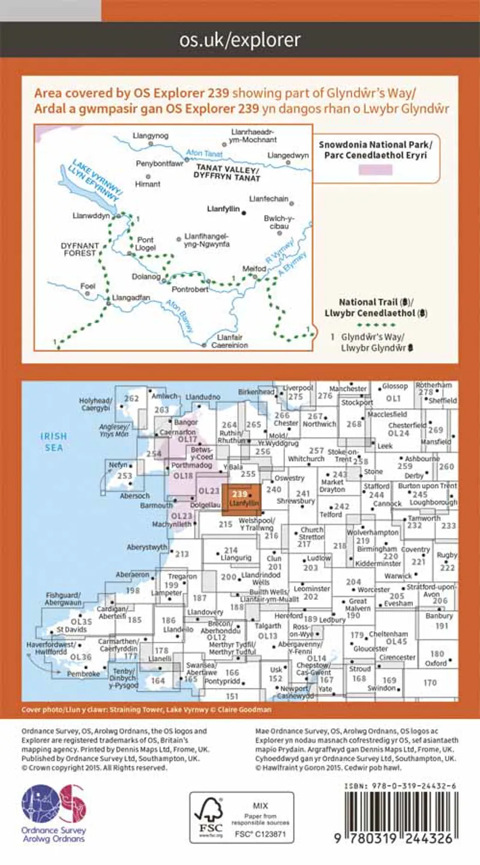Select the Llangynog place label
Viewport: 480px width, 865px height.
pyautogui.click(x=149, y=137)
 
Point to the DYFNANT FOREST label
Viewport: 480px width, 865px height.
pyautogui.click(x=79, y=249)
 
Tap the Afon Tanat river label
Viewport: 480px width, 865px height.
pyautogui.click(x=203, y=154)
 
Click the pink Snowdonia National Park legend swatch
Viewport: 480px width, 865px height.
pyautogui.click(x=375, y=169)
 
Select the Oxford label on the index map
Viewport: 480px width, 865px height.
pyautogui.click(x=436, y=663)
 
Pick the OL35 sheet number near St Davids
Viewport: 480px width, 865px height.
pyautogui.click(x=81, y=622)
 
